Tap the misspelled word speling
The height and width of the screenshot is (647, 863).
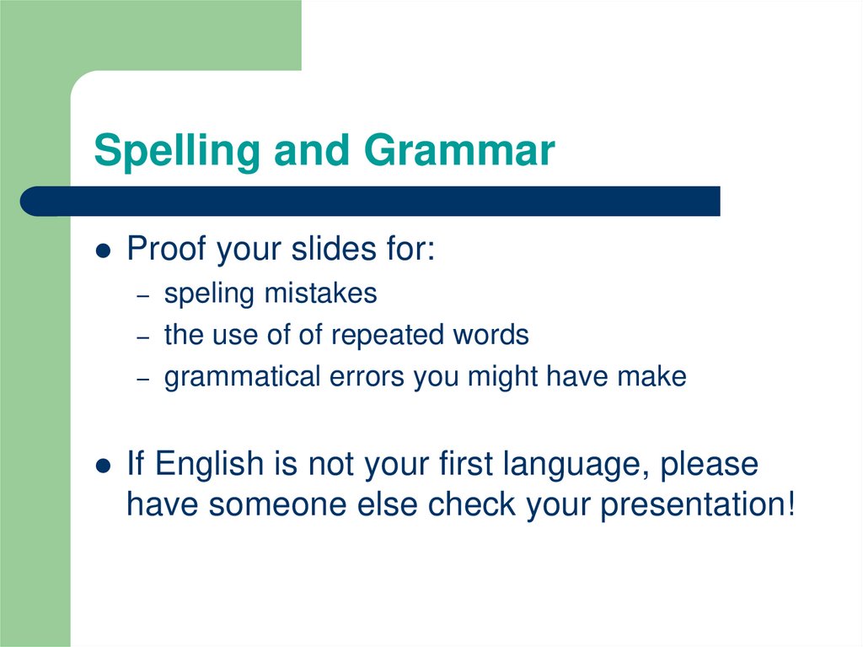click(x=209, y=294)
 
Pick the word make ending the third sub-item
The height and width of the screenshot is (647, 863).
click(x=651, y=377)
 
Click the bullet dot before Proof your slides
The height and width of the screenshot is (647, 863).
click(x=104, y=251)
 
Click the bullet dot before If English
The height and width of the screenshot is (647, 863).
click(x=104, y=466)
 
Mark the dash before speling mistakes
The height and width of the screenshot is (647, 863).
click(x=144, y=295)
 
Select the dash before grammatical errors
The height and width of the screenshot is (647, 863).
click(x=144, y=379)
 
